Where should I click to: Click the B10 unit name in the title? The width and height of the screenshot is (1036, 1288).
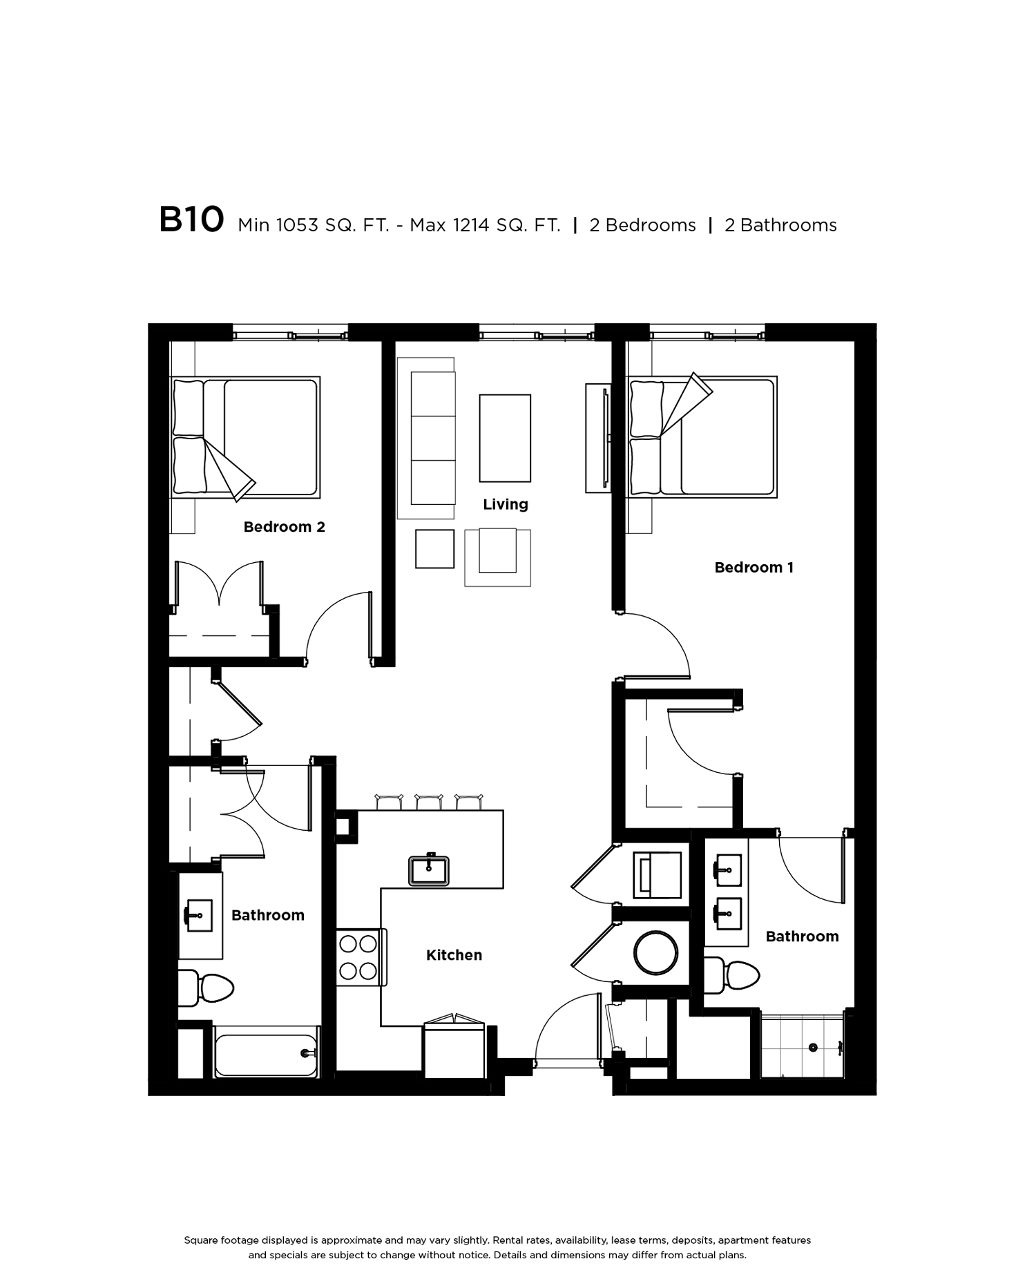click(191, 220)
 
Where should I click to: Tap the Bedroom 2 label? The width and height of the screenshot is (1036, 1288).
click(284, 527)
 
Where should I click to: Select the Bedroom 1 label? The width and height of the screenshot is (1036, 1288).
click(754, 568)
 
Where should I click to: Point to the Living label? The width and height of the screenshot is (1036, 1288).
click(506, 505)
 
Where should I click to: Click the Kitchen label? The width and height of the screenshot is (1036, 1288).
click(454, 955)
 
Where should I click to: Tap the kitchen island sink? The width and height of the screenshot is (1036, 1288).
click(429, 869)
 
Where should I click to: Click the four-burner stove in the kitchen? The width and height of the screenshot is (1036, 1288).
click(358, 957)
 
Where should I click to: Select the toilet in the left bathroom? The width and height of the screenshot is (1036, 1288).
click(207, 988)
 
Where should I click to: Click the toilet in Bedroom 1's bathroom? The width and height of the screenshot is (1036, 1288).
click(731, 975)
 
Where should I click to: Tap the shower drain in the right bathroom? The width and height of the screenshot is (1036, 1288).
click(813, 1048)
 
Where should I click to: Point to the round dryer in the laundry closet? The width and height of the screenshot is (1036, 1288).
click(656, 952)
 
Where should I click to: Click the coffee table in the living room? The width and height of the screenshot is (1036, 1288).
click(505, 438)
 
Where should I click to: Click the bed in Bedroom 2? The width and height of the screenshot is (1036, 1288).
click(245, 437)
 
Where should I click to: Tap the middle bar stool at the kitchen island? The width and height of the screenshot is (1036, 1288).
click(428, 802)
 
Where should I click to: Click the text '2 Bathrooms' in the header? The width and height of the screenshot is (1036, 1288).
click(780, 225)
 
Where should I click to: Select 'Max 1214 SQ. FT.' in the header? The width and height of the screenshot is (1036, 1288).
click(485, 225)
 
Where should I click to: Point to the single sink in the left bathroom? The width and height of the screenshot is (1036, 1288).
click(200, 916)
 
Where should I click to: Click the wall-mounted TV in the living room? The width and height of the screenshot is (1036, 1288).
click(606, 439)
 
